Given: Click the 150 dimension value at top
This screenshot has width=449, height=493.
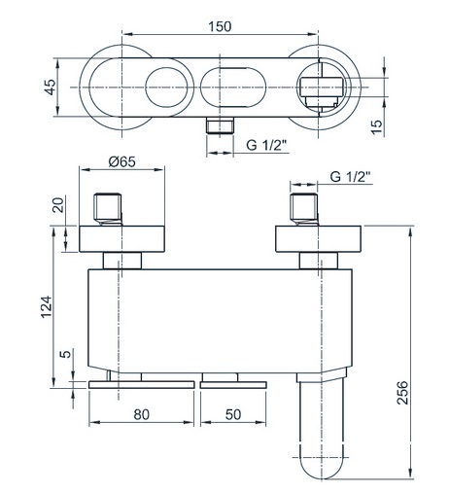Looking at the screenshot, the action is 220,26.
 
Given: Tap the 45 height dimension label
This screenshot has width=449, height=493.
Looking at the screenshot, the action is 51,87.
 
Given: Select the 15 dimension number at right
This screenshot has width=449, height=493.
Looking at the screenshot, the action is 377,126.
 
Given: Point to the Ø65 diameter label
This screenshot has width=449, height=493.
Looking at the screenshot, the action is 122,161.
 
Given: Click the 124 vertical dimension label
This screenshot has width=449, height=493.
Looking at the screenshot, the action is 47,306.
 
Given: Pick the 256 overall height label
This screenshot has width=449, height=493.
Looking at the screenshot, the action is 402,393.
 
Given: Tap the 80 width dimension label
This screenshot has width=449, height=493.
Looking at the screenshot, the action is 141,414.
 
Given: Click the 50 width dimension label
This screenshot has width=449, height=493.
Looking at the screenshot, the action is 233,414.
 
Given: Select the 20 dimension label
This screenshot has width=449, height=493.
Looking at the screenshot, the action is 58,204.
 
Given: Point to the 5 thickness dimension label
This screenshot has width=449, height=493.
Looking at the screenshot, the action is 66,354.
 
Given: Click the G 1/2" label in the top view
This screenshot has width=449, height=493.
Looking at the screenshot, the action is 266,145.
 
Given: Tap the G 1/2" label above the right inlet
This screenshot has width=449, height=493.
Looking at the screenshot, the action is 350,177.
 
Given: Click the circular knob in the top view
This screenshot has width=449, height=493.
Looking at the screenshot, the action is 166,88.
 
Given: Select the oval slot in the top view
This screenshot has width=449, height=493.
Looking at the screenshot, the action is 233,88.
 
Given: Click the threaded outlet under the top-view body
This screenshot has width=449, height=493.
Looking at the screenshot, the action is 220,125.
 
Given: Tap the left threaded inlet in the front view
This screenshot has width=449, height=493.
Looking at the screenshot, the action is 108,209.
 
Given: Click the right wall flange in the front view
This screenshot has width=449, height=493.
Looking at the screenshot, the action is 318,238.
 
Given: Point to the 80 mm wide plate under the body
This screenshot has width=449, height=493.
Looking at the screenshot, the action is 141,385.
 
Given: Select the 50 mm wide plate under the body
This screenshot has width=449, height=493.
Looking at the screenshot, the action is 233,385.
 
